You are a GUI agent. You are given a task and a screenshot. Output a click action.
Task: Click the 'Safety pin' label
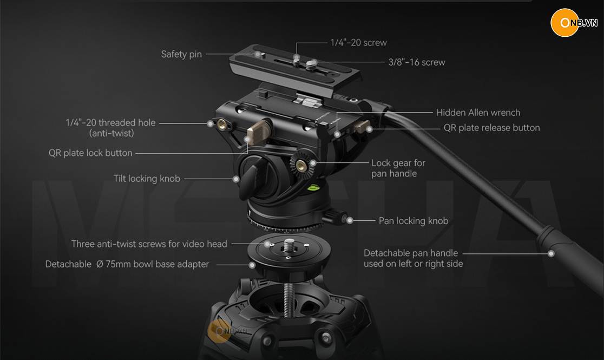click(181, 54)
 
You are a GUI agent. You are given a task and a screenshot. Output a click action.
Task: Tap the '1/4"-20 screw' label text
click(359, 43)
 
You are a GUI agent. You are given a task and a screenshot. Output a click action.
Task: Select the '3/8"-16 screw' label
click(417, 62)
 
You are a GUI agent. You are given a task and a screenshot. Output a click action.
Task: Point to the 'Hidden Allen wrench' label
click(478, 113)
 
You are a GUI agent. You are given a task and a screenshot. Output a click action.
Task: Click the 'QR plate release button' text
click(491, 128)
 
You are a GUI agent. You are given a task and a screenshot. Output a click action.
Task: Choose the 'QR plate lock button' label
click(90, 153)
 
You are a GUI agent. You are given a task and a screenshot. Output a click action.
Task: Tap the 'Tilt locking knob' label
click(147, 179)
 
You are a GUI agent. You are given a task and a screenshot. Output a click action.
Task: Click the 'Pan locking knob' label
click(413, 221)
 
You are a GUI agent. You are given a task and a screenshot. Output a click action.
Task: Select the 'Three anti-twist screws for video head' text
click(149, 244)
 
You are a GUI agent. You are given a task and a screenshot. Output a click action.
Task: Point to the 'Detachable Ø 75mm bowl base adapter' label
click(127, 264)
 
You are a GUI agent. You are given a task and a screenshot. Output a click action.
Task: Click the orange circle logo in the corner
click(564, 23)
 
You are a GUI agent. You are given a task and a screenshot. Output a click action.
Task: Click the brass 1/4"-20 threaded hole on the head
click(222, 124)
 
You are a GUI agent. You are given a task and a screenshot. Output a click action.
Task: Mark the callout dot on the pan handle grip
click(551, 253)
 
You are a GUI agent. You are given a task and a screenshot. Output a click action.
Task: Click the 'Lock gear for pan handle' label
click(398, 168)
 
